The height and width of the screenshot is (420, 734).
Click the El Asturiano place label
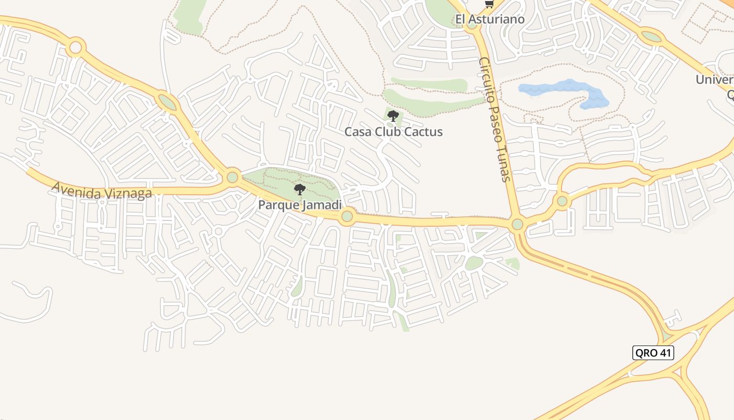(490, 20)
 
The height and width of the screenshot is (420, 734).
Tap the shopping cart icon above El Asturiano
(489, 4)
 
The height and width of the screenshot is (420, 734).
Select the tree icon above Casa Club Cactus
(393, 115)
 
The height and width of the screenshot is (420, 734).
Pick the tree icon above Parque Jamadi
(299, 189)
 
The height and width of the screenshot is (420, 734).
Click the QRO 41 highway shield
(653, 353)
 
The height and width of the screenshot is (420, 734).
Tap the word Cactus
(424, 132)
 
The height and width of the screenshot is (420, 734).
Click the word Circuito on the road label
(484, 79)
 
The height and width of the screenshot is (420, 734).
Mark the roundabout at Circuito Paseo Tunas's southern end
(517, 224)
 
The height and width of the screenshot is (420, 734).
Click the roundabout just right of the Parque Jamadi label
(347, 216)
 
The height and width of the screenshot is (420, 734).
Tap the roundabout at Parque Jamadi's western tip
(232, 177)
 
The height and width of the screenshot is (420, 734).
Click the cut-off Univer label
(714, 80)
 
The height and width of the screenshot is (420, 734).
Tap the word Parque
(278, 205)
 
